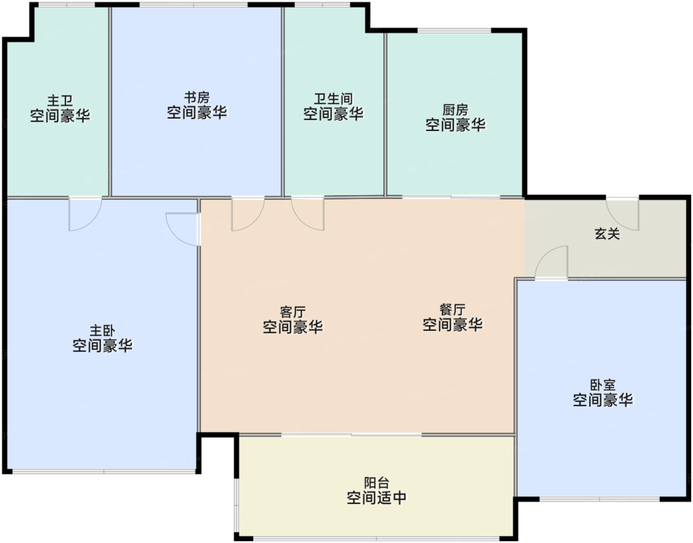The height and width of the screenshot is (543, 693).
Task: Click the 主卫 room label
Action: click(60, 101)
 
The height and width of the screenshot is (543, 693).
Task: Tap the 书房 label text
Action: click(197, 97)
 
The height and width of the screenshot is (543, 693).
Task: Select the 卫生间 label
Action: click(333, 99)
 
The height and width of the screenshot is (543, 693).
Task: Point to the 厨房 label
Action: click(455, 110)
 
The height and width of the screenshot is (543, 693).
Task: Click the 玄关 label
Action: click(607, 234)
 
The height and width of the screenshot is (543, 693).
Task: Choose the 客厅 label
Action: click(293, 312)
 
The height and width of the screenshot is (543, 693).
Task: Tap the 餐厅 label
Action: click(452, 310)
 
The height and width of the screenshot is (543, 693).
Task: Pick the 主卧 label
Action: click(102, 330)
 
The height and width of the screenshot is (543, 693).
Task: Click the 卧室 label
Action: click(603, 385)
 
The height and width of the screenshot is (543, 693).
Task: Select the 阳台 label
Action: click(377, 483)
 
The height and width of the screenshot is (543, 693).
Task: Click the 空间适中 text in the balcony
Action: click(377, 498)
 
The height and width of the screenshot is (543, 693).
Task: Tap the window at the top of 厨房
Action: click(454, 31)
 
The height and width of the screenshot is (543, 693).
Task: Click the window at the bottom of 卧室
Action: click(599, 499)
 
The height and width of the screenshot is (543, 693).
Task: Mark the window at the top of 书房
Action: click(194, 5)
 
